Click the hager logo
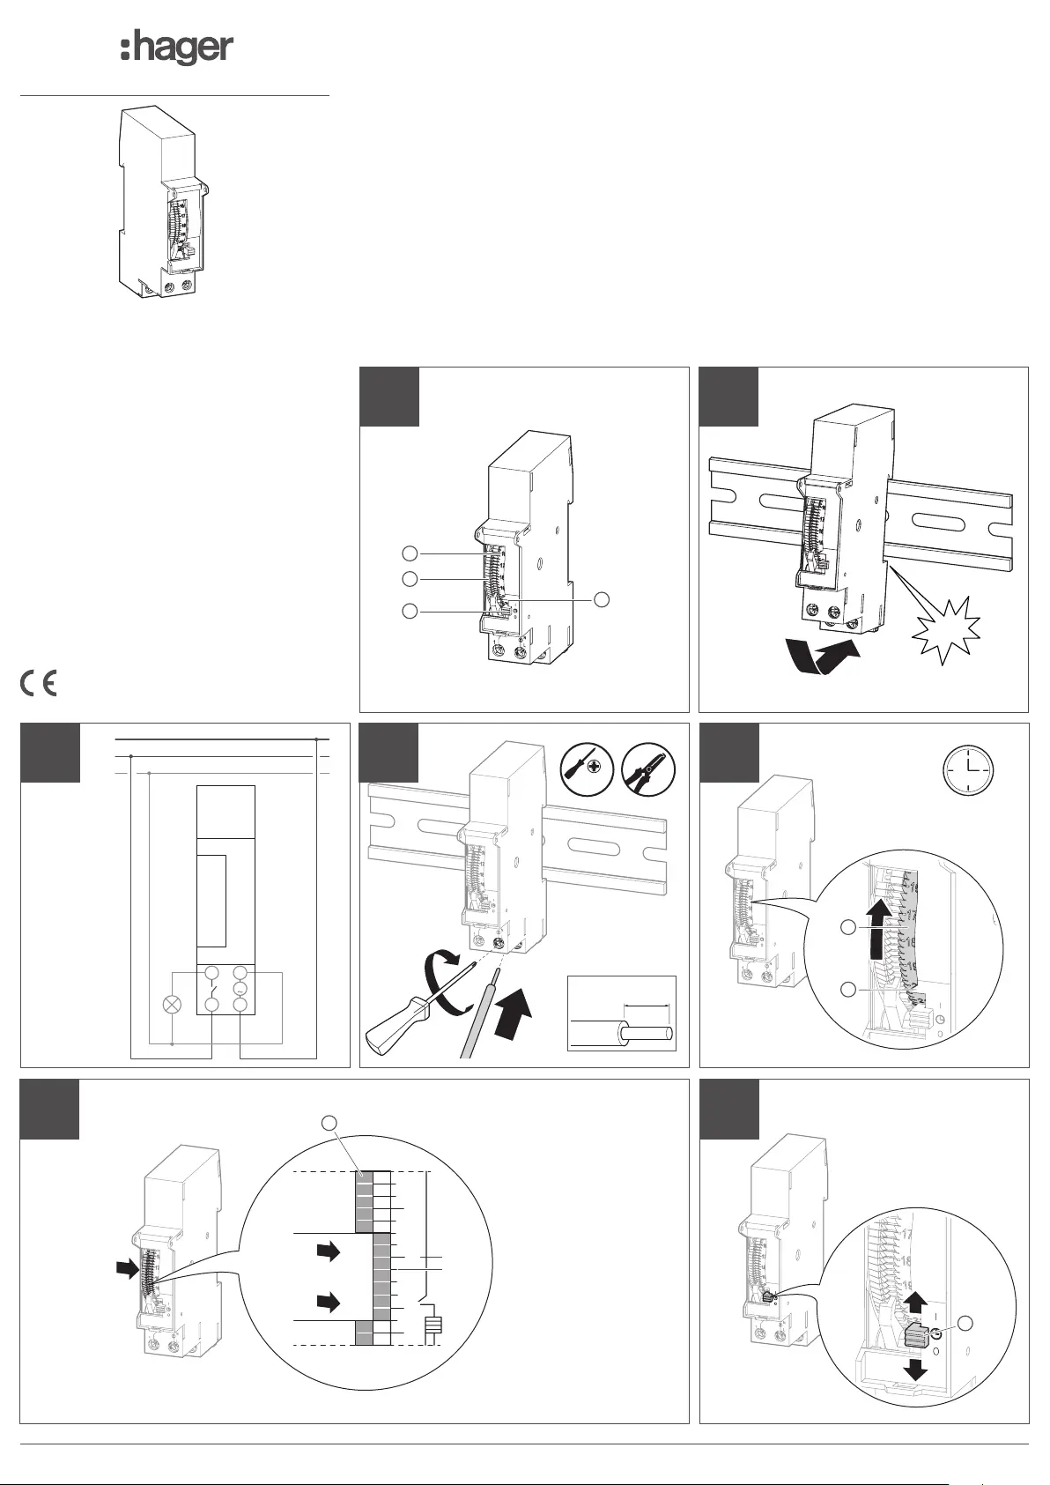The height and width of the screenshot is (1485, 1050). [177, 49]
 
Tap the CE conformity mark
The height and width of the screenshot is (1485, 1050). [38, 684]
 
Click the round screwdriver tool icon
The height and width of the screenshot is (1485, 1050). [587, 767]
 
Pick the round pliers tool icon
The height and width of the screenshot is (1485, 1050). [648, 767]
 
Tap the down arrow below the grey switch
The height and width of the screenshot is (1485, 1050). [916, 1368]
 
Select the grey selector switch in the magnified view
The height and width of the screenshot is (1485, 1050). [916, 1335]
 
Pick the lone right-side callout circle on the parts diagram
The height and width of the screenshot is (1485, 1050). [603, 599]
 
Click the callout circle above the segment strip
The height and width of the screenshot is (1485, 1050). [329, 1122]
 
